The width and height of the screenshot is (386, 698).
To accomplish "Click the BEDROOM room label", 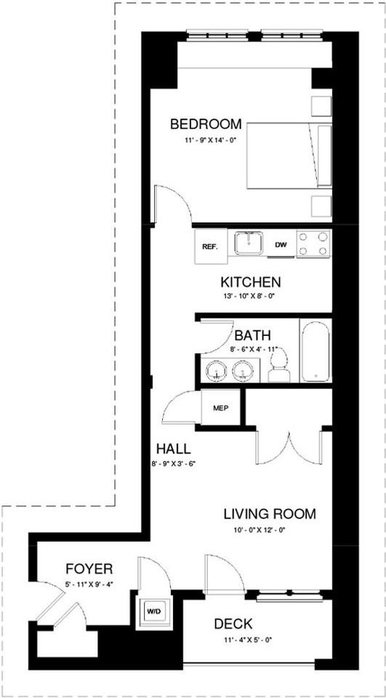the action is [206, 124].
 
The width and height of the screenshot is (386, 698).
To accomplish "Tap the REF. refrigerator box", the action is [211, 246].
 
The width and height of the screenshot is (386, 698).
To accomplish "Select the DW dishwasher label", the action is [280, 245].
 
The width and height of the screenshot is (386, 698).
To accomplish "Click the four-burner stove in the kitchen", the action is [313, 244].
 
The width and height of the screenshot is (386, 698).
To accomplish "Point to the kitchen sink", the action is [249, 243].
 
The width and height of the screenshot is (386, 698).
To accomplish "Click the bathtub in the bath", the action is [315, 350].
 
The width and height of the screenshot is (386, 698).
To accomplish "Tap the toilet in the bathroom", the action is [279, 364].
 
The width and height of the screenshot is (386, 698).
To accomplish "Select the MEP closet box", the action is [221, 408].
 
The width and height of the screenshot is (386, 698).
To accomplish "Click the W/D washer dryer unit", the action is [153, 611].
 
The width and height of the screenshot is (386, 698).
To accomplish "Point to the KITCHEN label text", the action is [251, 282].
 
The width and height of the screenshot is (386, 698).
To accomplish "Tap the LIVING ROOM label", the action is [270, 514].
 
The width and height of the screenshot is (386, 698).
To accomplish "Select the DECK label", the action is [233, 625].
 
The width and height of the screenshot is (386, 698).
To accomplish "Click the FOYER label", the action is [89, 569].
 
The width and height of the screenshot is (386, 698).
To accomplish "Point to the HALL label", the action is [174, 448].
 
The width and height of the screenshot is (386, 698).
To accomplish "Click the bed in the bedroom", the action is [289, 156].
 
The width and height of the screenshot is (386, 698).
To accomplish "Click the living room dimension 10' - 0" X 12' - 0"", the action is [260, 530].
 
